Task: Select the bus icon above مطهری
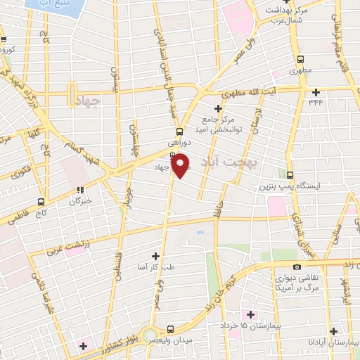click(300, 60)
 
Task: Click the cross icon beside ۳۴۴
click(316, 92)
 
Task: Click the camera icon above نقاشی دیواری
click(297, 266)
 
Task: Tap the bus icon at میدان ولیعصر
click(171, 328)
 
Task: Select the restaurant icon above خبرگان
click(80, 189)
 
